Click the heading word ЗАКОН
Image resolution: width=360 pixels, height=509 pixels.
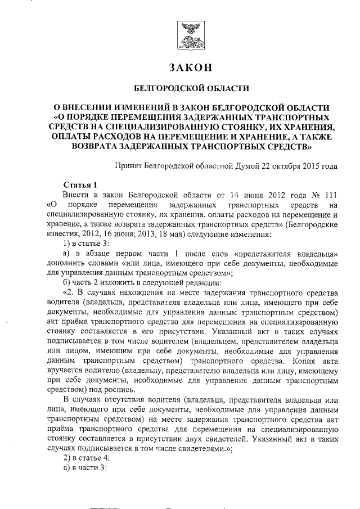(190, 67)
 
